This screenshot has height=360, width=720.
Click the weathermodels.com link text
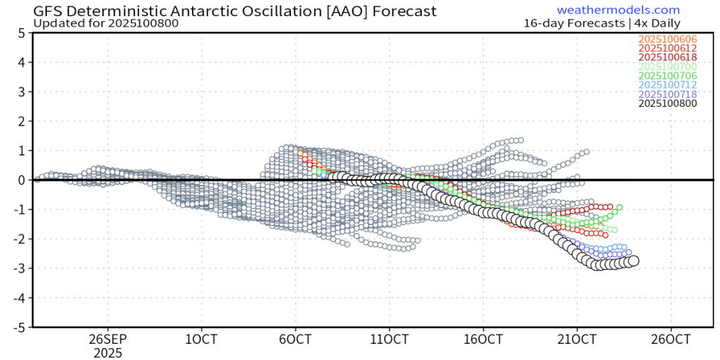pyautogui.click(x=618, y=10)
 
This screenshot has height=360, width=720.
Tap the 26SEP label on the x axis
pyautogui.click(x=108, y=338)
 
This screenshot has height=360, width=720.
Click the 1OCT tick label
pyautogui.click(x=202, y=338)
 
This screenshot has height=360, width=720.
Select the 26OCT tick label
pyautogui.click(x=670, y=338)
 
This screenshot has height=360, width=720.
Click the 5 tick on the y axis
pyautogui.click(x=22, y=33)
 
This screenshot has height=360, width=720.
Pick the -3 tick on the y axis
pyautogui.click(x=20, y=269)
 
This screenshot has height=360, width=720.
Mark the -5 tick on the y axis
pyautogui.click(x=20, y=328)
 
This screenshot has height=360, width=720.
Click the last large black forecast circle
pyautogui.click(x=633, y=260)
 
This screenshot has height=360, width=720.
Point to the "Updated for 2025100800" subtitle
pyautogui.click(x=105, y=23)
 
